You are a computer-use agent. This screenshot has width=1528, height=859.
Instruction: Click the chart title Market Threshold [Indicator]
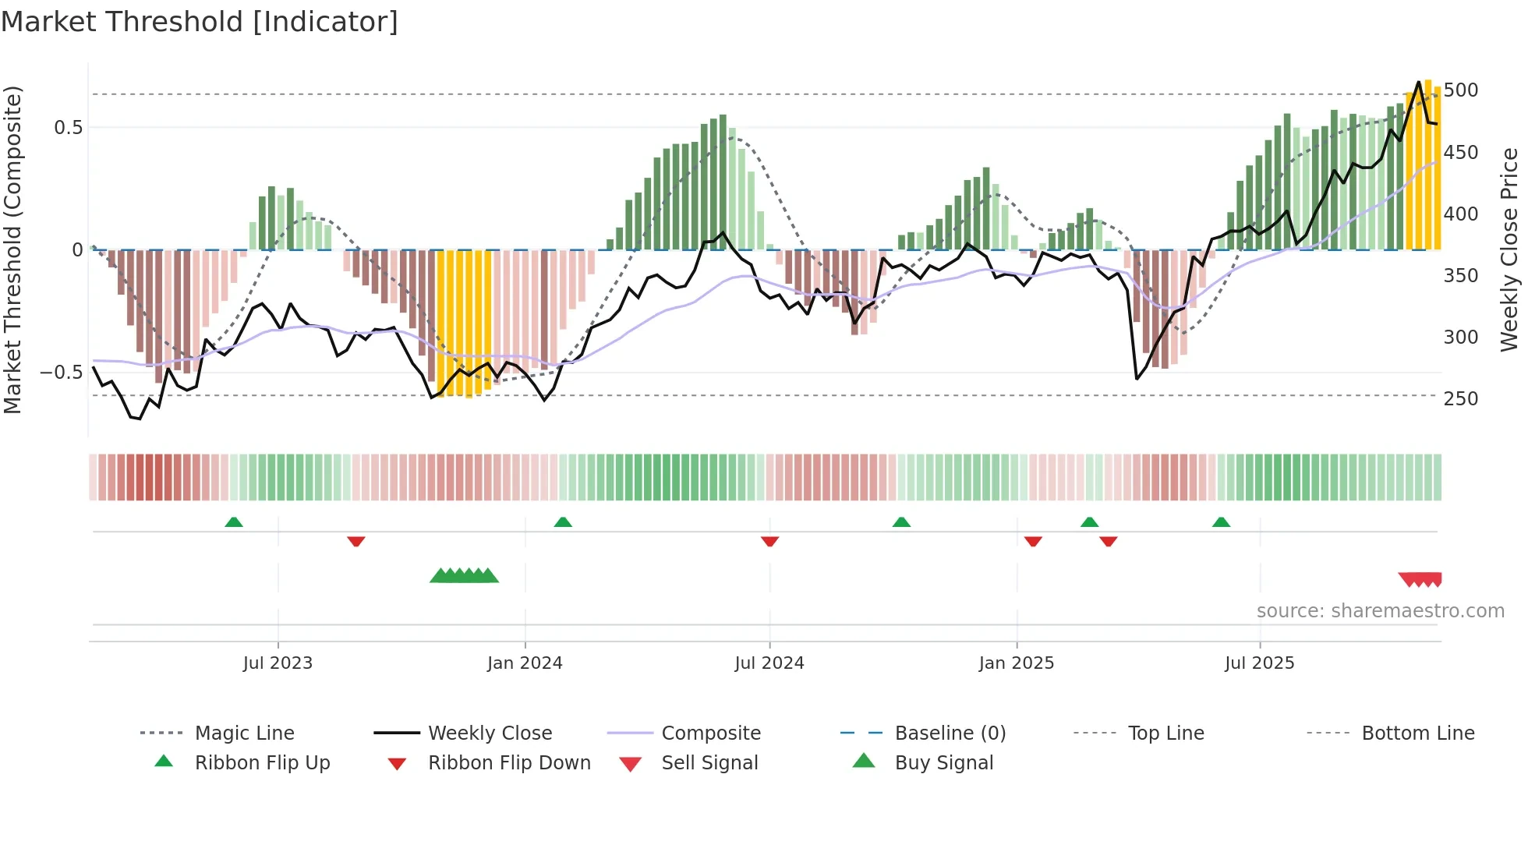point(200,22)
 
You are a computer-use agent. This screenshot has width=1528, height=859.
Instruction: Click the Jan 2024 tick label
point(525,663)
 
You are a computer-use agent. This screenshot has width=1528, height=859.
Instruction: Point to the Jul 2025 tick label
point(1259,663)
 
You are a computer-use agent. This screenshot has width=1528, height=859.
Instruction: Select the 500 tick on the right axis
point(1460,90)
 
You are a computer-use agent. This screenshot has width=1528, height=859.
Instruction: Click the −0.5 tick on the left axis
point(61,373)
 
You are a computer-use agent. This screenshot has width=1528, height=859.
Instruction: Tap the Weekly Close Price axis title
point(1509,249)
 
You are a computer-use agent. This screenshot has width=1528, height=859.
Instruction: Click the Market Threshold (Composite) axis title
point(12,249)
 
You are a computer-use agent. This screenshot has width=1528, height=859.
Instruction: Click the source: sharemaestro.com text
point(1380,611)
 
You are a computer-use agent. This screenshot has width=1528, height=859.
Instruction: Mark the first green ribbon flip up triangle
point(234,522)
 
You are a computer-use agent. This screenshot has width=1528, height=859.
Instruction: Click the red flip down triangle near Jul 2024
point(769,541)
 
